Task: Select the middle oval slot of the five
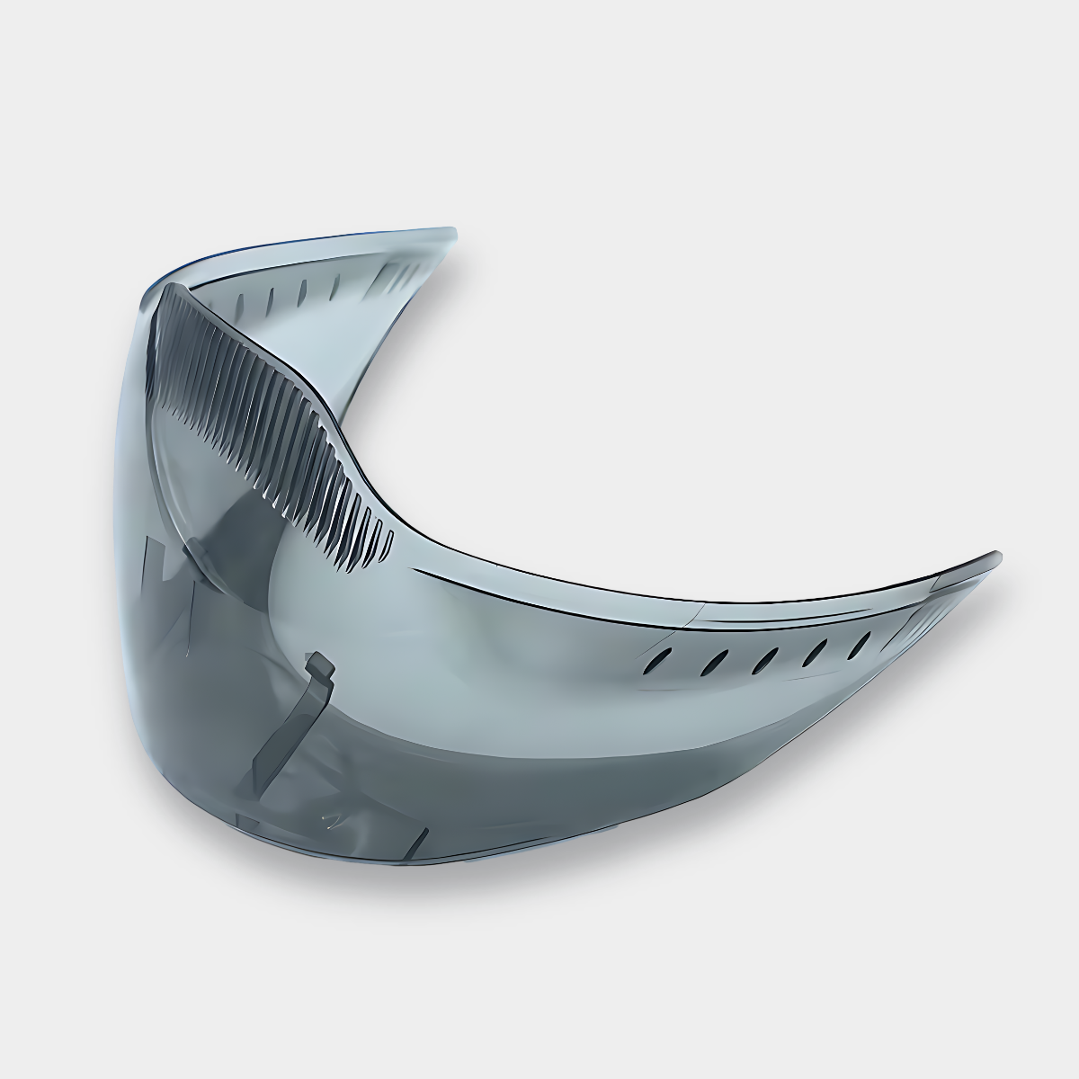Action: tap(762, 658)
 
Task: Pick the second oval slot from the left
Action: tap(713, 663)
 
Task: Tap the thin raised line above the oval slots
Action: tap(764, 629)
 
